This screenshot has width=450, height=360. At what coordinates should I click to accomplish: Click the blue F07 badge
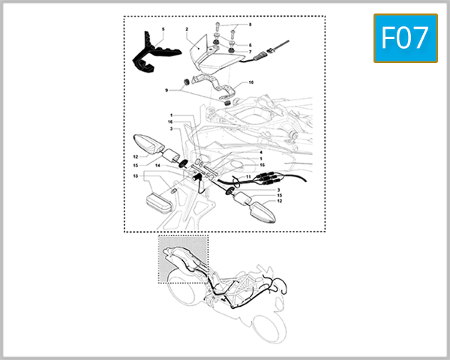406,38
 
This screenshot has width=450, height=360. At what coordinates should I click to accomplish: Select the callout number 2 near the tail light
186,31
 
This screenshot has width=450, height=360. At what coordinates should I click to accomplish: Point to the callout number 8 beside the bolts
250,25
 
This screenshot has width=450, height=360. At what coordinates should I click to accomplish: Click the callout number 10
251,82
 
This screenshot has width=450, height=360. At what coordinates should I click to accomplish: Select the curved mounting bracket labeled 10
221,94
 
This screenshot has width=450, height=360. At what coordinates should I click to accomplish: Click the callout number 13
135,176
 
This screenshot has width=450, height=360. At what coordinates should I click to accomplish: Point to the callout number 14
157,166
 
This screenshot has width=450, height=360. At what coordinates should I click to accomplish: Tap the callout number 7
250,52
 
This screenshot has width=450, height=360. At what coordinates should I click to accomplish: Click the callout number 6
250,45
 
